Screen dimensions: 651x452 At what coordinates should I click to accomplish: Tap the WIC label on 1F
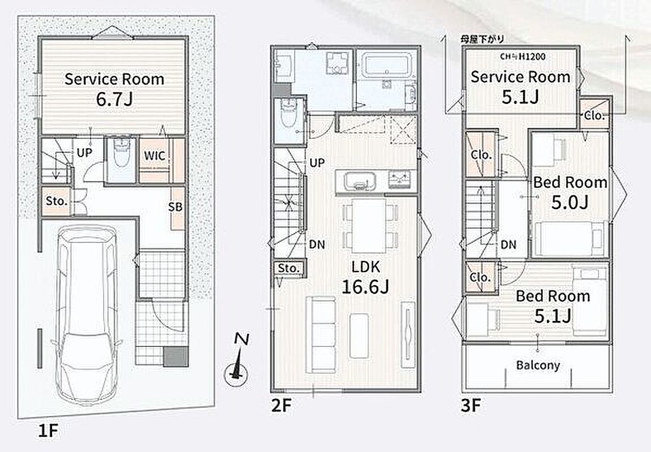pyautogui.click(x=154, y=156)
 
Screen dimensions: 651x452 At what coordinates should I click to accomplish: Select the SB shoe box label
pyautogui.click(x=175, y=207)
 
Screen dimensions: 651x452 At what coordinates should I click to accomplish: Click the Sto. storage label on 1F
pyautogui.click(x=57, y=201)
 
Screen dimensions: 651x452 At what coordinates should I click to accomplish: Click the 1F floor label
pyautogui.click(x=47, y=431)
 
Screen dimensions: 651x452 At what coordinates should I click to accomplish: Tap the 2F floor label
pyautogui.click(x=282, y=406)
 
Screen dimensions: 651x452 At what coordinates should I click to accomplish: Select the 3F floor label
pyautogui.click(x=471, y=406)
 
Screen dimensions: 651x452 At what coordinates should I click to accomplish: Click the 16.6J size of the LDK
pyautogui.click(x=365, y=286)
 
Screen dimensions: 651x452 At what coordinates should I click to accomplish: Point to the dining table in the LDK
pyautogui.click(x=369, y=225)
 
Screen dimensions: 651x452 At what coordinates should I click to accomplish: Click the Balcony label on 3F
pyautogui.click(x=538, y=366)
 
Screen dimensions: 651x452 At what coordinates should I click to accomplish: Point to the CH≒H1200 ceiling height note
pyautogui.click(x=523, y=56)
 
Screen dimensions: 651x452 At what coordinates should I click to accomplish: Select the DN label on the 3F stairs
pyautogui.click(x=508, y=245)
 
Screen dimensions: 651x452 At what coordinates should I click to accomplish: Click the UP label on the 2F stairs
pyautogui.click(x=317, y=163)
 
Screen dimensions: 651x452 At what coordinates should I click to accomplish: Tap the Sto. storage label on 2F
pyautogui.click(x=288, y=268)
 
